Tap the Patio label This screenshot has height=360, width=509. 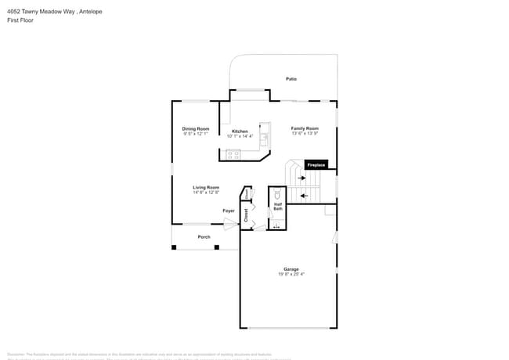click(291, 79)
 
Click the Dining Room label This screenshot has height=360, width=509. click(196, 128)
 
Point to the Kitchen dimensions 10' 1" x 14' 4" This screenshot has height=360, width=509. click(240, 136)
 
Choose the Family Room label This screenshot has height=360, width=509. click(305, 128)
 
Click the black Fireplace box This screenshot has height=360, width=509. click(316, 165)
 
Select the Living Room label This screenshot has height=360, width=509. click(206, 187)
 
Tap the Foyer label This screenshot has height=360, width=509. click(229, 211)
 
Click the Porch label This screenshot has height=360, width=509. click(204, 236)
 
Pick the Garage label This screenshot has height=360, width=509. click(291, 269)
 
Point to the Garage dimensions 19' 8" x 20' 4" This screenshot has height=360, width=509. click(291, 275)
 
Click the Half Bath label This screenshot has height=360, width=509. click(278, 207)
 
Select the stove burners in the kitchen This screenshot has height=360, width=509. click(233, 154)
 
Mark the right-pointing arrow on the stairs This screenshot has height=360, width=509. click(301, 178)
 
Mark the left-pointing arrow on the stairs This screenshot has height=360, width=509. click(304, 194)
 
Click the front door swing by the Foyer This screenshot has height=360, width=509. click(230, 225)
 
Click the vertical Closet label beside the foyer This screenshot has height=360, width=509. click(246, 214)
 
